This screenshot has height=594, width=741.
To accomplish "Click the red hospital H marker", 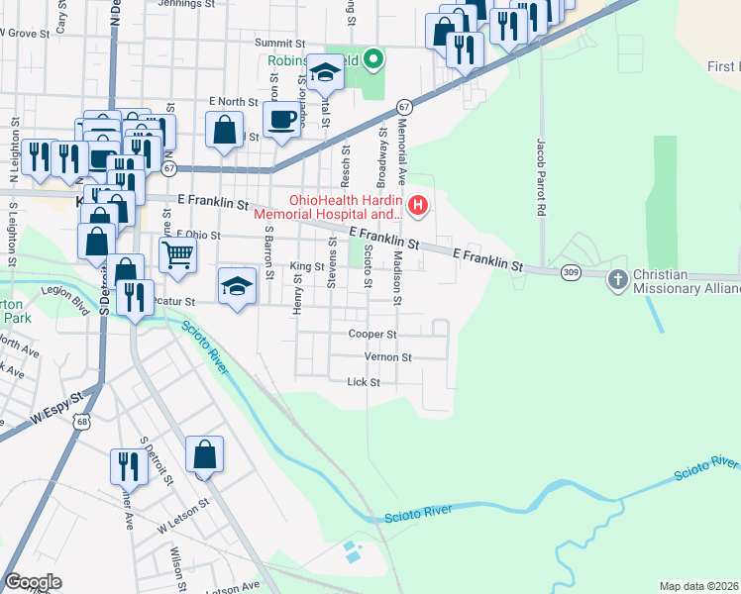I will (x=418, y=206).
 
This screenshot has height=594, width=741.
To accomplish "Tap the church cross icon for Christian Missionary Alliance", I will (x=618, y=279).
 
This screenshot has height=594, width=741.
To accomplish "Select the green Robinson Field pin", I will (x=373, y=60).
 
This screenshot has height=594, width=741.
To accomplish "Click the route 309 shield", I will (x=570, y=271).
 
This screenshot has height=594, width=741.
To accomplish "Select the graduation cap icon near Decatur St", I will (x=237, y=286).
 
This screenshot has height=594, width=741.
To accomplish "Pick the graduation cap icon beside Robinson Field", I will (x=324, y=72).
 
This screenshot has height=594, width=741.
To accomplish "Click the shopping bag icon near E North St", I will (x=225, y=129).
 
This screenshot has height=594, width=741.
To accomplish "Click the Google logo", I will (x=33, y=582).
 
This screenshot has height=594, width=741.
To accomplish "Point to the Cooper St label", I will (x=372, y=335).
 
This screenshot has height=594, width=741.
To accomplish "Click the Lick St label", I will (x=357, y=381).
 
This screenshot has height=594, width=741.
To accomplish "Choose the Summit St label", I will (x=279, y=44).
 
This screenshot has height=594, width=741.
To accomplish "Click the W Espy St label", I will (x=55, y=411).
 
